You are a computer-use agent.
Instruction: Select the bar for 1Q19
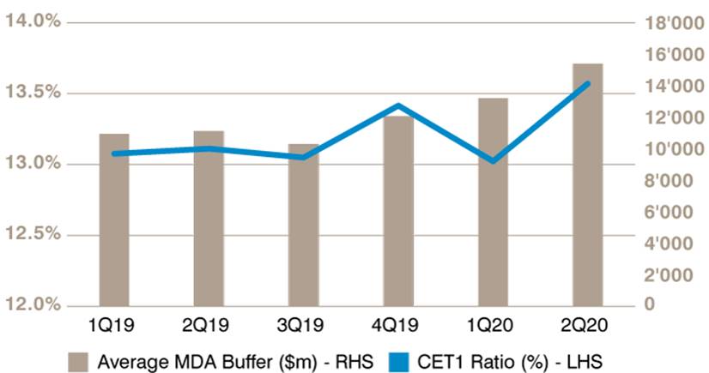point(114,220)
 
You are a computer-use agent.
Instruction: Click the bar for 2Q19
point(209,219)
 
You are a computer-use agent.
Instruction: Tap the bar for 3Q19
point(303,226)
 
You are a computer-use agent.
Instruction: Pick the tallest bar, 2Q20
point(588,185)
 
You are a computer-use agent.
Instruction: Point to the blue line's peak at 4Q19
point(398,106)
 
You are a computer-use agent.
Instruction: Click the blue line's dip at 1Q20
point(493,160)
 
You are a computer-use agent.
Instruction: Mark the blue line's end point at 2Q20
point(587,84)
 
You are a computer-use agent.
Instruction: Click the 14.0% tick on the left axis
point(32,21)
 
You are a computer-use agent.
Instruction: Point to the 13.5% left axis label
point(32,92)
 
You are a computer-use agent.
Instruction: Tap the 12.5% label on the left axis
point(32,233)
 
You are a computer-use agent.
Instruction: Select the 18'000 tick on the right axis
point(674,23)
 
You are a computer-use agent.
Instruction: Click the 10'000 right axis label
point(674,149)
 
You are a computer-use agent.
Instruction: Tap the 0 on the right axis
point(649,304)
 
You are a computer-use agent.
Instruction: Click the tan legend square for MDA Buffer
point(79,362)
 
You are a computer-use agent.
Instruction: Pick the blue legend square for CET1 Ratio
point(399,362)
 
